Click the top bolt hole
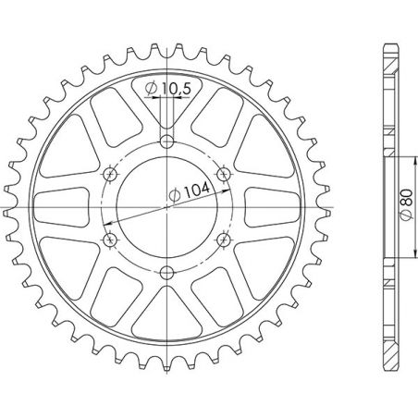[x=166, y=141]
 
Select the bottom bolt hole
[x=166, y=273]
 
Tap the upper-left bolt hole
[x=110, y=174]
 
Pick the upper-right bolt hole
[x=224, y=174]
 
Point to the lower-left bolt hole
[x=110, y=240]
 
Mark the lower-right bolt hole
[x=224, y=240]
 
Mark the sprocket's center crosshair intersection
[x=166, y=207]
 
